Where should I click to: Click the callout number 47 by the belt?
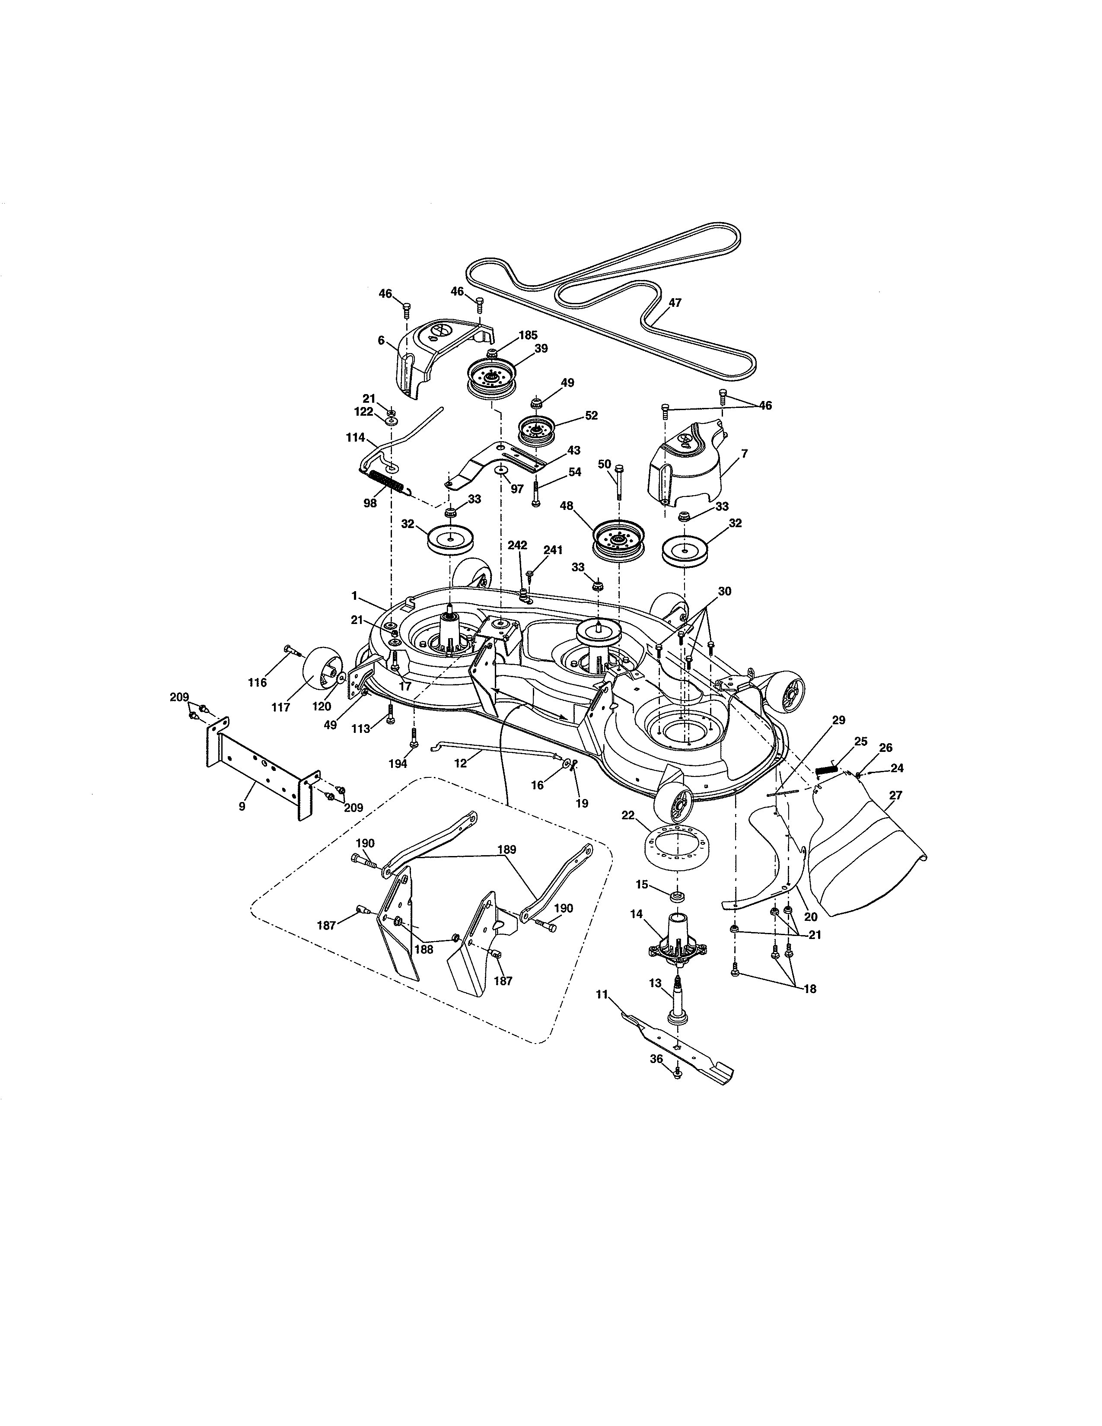(x=675, y=302)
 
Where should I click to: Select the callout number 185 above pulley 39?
(x=528, y=335)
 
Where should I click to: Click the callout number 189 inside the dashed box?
(x=506, y=850)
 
